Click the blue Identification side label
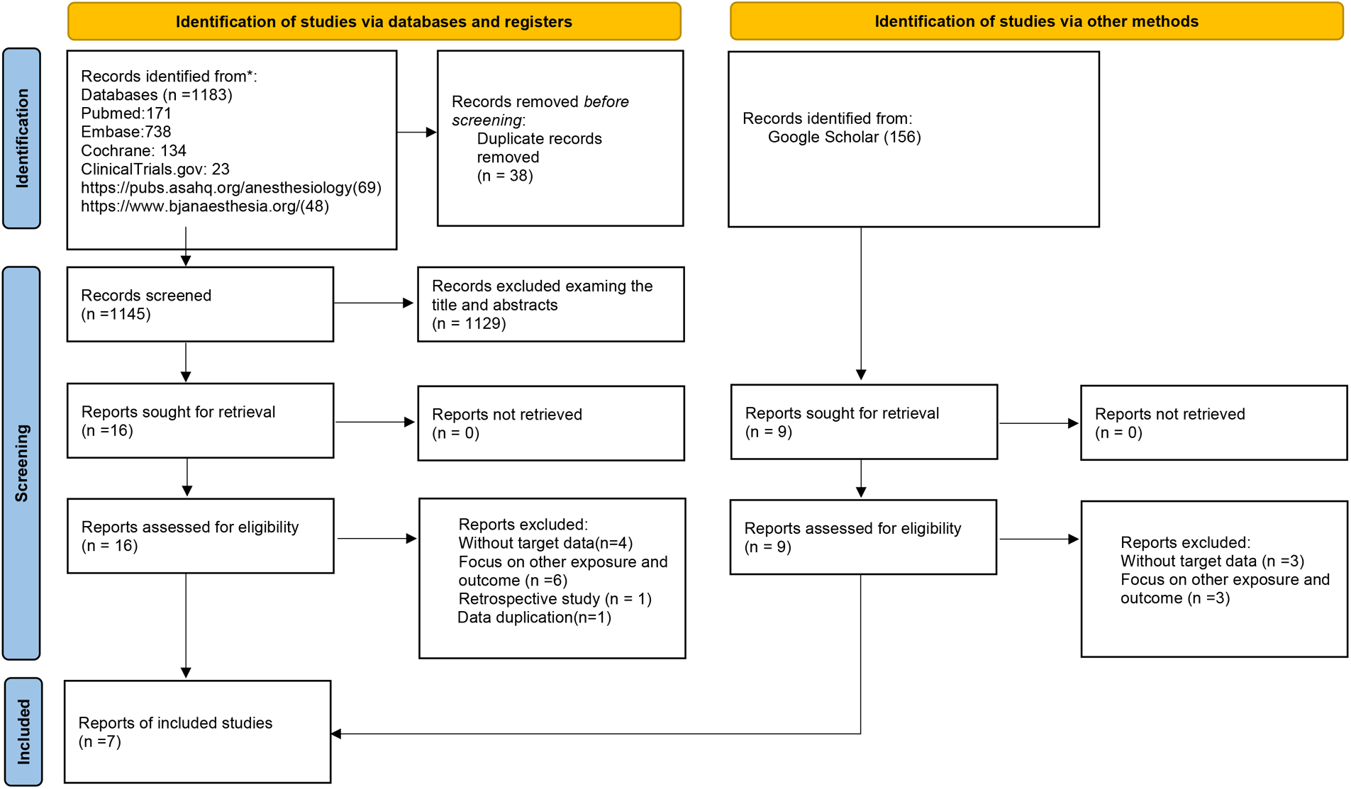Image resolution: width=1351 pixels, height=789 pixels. [x=22, y=138]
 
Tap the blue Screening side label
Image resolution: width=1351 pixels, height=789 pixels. [x=22, y=463]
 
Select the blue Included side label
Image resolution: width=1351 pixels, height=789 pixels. [x=23, y=732]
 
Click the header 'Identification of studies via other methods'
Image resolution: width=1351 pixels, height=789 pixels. [x=1036, y=21]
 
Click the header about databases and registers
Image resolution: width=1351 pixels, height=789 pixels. [x=374, y=21]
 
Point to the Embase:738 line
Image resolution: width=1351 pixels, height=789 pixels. [x=126, y=132]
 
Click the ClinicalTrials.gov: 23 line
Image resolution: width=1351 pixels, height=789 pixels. [x=155, y=169]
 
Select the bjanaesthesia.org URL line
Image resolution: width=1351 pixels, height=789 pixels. [x=205, y=206]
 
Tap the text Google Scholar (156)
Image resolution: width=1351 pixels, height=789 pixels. [x=844, y=137]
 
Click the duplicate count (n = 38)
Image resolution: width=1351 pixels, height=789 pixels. [x=505, y=176]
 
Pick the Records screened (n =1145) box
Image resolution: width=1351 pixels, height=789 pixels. [x=200, y=304]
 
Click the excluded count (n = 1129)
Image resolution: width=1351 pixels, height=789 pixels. [x=469, y=323]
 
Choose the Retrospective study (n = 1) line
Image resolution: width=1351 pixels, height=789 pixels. [x=555, y=599]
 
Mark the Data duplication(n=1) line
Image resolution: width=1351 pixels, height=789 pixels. [x=534, y=617]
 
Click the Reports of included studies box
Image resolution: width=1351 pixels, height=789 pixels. [x=197, y=732]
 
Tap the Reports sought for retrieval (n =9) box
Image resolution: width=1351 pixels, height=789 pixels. [x=864, y=422]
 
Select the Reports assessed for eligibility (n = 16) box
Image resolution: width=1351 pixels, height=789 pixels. [x=200, y=536]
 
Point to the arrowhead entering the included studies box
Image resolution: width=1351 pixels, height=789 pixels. [x=337, y=734]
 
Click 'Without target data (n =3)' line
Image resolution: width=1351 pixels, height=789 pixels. [x=1212, y=561]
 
